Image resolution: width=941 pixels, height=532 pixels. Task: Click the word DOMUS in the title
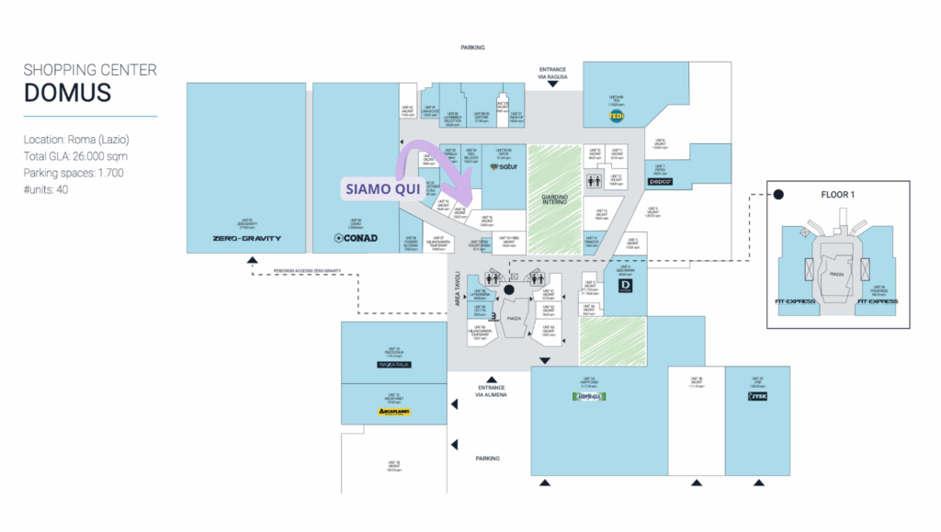coord(67,92)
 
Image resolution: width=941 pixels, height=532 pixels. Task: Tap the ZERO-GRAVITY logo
coord(246,239)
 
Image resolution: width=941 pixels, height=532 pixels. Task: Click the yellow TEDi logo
coord(616,117)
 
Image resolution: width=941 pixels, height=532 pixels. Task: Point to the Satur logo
coord(504,167)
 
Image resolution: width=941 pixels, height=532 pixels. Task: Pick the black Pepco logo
coord(661,182)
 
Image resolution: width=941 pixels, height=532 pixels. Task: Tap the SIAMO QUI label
coord(382,189)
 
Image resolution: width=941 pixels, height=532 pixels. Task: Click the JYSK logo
coord(757,397)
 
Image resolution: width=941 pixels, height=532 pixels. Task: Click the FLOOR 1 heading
coord(836,195)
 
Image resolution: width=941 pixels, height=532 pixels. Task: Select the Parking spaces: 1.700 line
coord(74,173)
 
